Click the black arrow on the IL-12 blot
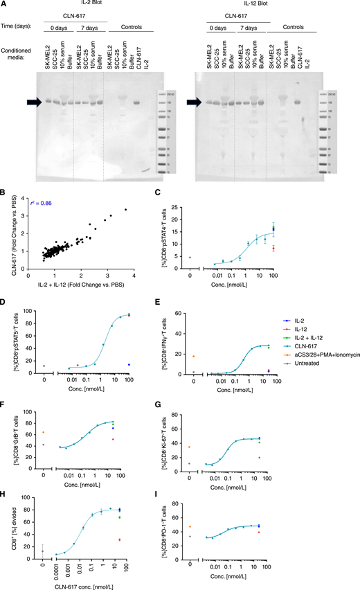pos(197,102)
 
